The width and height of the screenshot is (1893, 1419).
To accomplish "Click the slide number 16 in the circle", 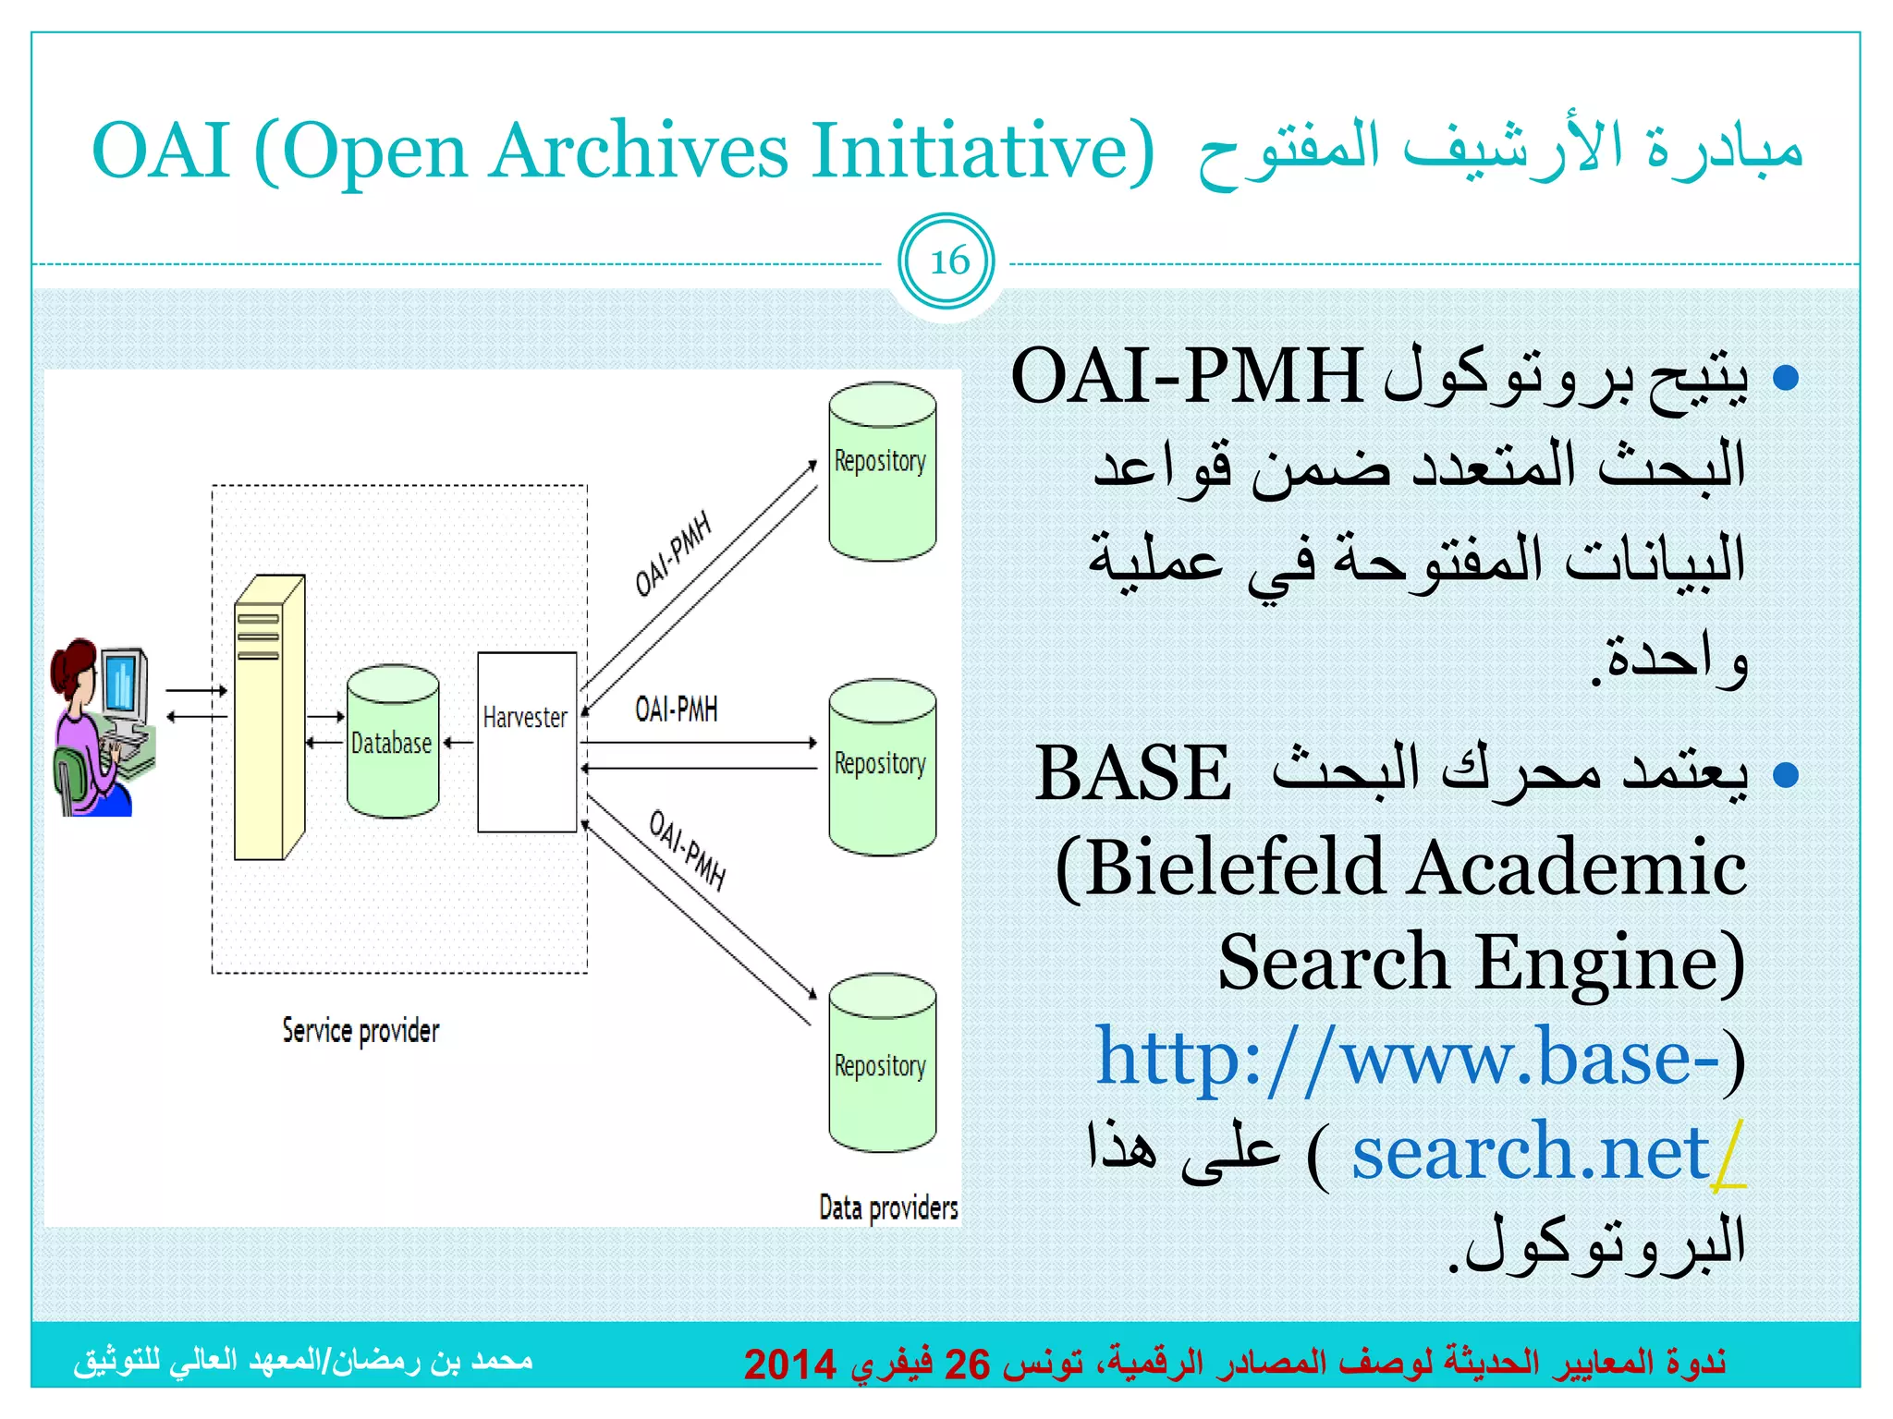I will tap(948, 262).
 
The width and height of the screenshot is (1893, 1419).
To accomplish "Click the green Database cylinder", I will tap(393, 742).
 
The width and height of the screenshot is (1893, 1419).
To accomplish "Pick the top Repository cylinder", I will tap(882, 471).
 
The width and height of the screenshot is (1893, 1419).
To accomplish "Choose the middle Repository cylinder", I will tap(882, 768).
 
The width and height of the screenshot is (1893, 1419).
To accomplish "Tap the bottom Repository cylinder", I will tap(882, 1062).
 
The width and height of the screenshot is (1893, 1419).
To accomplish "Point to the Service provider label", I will tap(360, 1030).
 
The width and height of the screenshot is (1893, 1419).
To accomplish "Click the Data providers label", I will tap(887, 1207).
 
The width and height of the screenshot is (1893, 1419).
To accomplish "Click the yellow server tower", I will tap(268, 719).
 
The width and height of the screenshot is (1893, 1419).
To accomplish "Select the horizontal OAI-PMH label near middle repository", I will tap(676, 709).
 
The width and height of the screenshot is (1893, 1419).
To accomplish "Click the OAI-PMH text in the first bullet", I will tap(1186, 377).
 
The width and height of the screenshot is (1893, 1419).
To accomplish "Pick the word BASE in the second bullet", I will tap(1132, 774).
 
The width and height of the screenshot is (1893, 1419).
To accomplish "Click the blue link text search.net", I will tap(1530, 1152).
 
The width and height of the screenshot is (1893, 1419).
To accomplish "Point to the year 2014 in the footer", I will tap(789, 1364).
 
